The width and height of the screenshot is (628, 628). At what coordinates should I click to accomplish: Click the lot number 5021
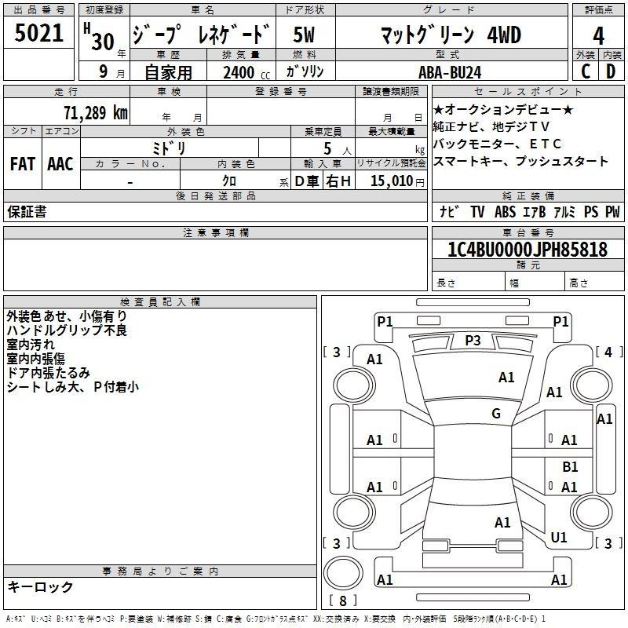click(38, 33)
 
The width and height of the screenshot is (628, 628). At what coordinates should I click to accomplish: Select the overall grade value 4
click(598, 35)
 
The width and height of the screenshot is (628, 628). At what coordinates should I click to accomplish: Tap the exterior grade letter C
click(586, 71)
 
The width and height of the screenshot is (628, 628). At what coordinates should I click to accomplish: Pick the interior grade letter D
click(611, 71)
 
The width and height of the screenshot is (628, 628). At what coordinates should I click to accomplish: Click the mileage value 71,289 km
click(96, 112)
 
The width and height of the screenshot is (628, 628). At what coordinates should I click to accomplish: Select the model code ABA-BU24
click(450, 72)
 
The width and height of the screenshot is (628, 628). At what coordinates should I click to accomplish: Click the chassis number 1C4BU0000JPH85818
click(528, 249)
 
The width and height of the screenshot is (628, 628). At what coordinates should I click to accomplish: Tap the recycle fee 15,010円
click(397, 181)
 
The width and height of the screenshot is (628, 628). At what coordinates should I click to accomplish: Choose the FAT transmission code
click(23, 164)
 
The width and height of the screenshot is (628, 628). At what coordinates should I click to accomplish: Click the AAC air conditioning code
click(60, 164)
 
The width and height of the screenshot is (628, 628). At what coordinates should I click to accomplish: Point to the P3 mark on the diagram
click(473, 341)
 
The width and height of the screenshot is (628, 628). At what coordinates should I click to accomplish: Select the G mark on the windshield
click(496, 413)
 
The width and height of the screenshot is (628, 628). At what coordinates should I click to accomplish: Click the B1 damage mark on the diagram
click(570, 466)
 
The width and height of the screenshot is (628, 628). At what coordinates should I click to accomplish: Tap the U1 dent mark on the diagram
click(559, 537)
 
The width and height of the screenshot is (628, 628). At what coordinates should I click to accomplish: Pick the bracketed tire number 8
click(343, 601)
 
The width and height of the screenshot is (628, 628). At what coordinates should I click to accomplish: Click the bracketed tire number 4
click(608, 352)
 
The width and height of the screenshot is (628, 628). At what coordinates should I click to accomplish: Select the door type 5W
click(304, 35)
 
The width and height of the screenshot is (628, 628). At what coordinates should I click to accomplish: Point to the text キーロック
click(40, 586)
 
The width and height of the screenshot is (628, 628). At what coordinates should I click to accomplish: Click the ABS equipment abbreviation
click(505, 211)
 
